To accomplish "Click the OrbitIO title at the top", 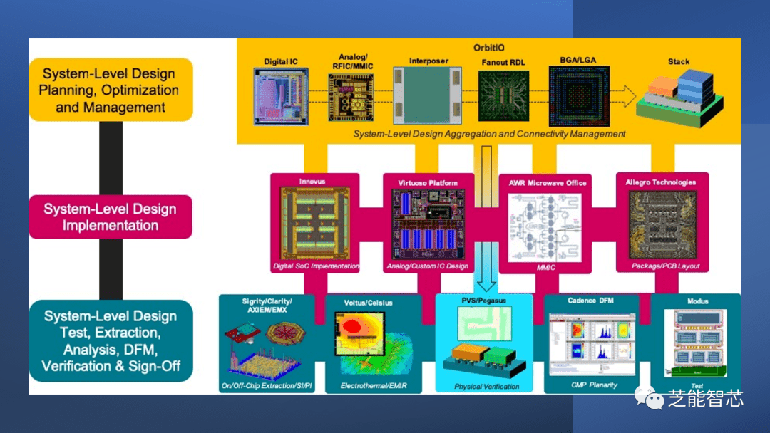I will [x=489, y=48].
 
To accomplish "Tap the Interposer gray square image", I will [x=428, y=95].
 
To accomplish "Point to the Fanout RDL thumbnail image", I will [x=503, y=95].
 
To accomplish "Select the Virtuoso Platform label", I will [x=428, y=182].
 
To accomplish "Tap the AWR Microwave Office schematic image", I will [x=547, y=226].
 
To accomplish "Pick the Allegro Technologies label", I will [x=661, y=182].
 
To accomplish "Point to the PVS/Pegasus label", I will [x=484, y=301].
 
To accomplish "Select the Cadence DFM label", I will [x=590, y=301].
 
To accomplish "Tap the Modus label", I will [x=697, y=301].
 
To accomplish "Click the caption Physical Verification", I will [x=487, y=387].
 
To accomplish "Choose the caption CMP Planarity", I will [x=594, y=385].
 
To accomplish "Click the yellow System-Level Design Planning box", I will [x=110, y=90].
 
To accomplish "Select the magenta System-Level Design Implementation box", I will [x=110, y=216].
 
